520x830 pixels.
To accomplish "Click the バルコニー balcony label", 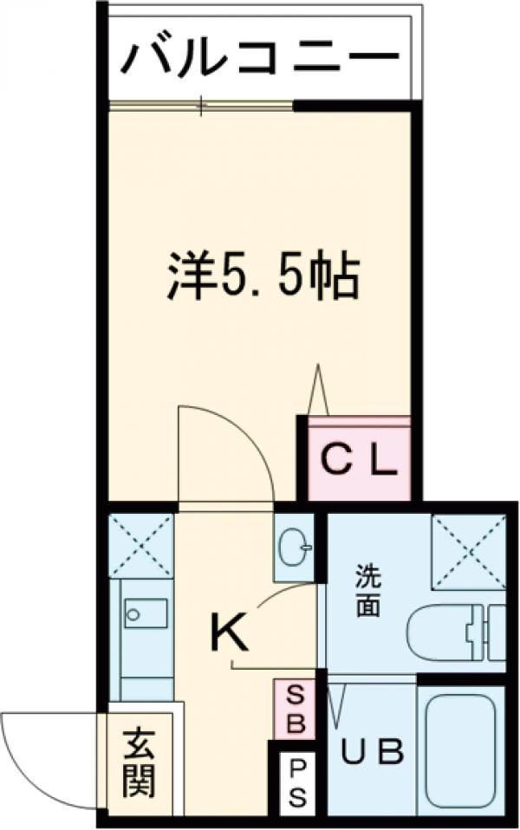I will pyautogui.click(x=260, y=59).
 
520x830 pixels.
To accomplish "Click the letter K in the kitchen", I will pyautogui.click(x=230, y=634).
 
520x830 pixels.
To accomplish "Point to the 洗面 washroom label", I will pyautogui.click(x=367, y=591).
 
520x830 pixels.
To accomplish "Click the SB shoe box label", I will pyautogui.click(x=295, y=708).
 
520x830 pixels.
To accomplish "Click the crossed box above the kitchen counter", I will pyautogui.click(x=141, y=542).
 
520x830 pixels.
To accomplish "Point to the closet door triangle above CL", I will pyautogui.click(x=319, y=392).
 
